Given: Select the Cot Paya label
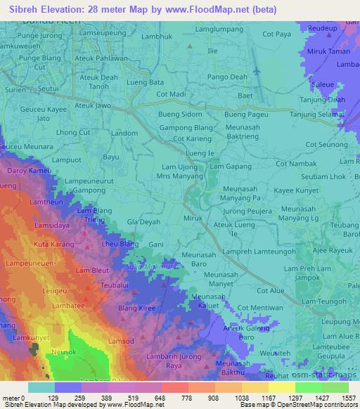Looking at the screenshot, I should click(x=276, y=53).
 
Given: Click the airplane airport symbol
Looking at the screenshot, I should click(x=256, y=72).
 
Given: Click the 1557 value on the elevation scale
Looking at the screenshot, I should click(x=345, y=398).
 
